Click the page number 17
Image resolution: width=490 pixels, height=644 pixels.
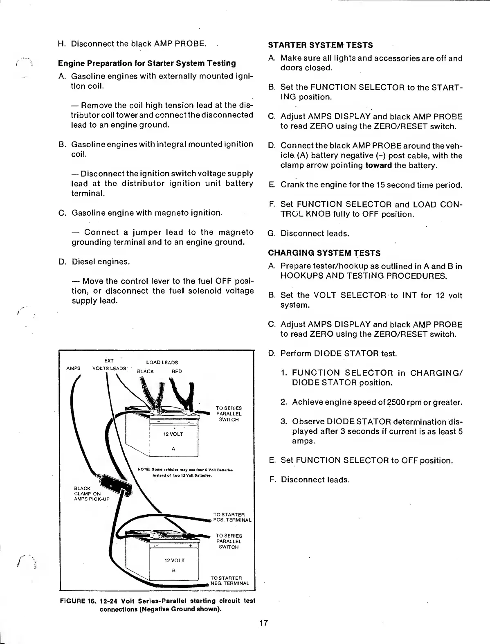click(263, 623)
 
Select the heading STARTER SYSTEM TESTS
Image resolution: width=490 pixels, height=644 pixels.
click(320, 45)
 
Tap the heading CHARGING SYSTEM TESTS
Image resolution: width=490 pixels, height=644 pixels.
click(324, 253)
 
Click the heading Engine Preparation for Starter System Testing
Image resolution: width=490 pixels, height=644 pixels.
click(147, 63)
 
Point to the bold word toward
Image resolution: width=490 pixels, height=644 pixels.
click(378, 165)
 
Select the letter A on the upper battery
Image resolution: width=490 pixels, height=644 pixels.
click(173, 449)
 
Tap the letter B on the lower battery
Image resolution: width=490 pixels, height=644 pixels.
click(173, 570)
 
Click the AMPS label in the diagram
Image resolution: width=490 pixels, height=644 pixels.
click(73, 368)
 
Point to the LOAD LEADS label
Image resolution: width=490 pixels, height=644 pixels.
click(162, 363)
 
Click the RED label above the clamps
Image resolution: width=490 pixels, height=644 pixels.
click(177, 372)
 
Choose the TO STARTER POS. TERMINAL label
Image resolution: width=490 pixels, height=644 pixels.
click(232, 517)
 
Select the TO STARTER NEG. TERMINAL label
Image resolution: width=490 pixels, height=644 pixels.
click(229, 581)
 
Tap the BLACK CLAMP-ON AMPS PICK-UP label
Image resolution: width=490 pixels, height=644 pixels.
click(88, 493)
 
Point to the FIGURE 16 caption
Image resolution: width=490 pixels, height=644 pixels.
click(157, 604)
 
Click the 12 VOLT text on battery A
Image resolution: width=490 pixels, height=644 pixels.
click(173, 434)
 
